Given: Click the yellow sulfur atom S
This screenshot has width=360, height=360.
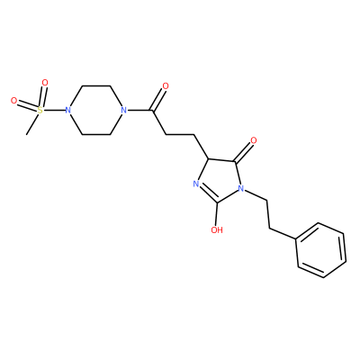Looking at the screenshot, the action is pyautogui.click(x=40, y=110).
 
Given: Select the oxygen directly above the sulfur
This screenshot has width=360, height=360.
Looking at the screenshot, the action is pyautogui.click(x=45, y=82).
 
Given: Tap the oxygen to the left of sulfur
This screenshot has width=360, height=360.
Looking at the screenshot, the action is pyautogui.click(x=13, y=101).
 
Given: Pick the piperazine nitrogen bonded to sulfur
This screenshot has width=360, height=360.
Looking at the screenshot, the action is pyautogui.click(x=68, y=110).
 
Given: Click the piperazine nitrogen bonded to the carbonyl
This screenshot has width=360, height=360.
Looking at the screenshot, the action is pyautogui.click(x=122, y=110).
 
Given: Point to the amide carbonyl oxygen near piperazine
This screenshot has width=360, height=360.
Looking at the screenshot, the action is pyautogui.click(x=166, y=86).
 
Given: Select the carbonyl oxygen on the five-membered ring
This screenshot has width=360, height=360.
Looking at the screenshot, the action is pyautogui.click(x=254, y=140).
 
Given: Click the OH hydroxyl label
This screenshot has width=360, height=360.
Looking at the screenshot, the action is pyautogui.click(x=217, y=230).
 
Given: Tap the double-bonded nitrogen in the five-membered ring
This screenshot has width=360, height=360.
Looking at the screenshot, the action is pyautogui.click(x=196, y=184).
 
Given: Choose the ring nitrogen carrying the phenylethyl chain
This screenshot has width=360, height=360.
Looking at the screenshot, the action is pyautogui.click(x=240, y=188).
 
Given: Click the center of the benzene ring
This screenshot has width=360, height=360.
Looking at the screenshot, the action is pyautogui.click(x=321, y=250).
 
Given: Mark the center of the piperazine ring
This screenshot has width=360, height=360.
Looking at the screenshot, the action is pyautogui.click(x=95, y=110).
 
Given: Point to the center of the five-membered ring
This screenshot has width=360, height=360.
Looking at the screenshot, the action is pyautogui.click(x=220, y=181).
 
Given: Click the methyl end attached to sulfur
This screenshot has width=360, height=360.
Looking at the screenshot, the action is pyautogui.click(x=27, y=134).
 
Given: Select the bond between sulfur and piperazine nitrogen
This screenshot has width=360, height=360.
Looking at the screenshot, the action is pyautogui.click(x=54, y=110).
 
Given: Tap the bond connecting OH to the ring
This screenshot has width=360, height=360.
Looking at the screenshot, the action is pyautogui.click(x=217, y=214).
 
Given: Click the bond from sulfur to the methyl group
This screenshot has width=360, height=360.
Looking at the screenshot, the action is pyautogui.click(x=32, y=123).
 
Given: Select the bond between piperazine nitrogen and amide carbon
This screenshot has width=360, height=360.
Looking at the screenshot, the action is pyautogui.click(x=139, y=110).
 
